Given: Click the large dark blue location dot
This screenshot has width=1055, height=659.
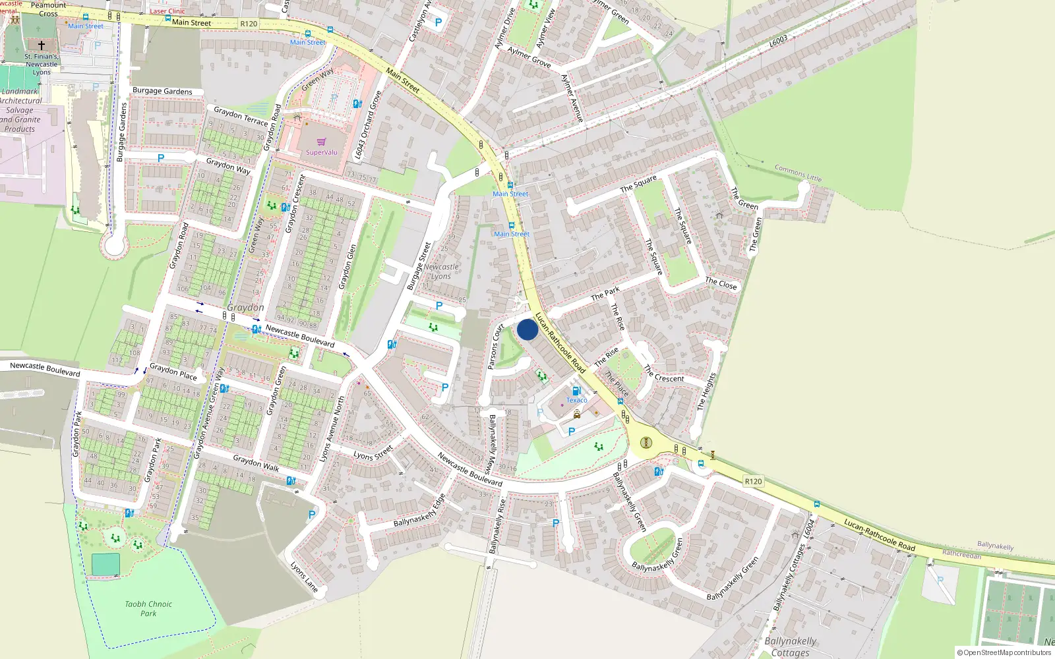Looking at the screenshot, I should [527, 329].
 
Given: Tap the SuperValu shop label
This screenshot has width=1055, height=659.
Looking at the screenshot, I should [322, 152].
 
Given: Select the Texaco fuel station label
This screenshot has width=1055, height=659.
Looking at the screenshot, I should [576, 400].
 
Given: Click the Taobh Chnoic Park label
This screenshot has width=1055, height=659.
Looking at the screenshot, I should [148, 608].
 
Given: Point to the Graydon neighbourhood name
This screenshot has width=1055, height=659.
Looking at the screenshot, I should [245, 308].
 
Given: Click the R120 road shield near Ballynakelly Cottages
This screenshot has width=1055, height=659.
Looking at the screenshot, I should [753, 481].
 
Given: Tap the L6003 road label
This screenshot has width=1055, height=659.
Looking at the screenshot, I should [778, 41].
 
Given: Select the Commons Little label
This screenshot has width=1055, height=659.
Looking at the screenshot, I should [798, 173].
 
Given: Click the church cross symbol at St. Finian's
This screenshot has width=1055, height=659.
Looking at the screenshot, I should [42, 45].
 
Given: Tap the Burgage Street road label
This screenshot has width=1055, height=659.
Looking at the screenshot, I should [419, 266].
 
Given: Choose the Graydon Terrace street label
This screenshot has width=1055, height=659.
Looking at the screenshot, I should [241, 117].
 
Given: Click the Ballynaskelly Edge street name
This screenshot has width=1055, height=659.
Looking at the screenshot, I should [419, 511].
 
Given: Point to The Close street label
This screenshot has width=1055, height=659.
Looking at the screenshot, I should [721, 284].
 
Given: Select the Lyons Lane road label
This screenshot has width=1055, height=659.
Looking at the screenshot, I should [305, 577].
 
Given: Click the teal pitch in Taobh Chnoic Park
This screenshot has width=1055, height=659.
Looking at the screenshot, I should [105, 564].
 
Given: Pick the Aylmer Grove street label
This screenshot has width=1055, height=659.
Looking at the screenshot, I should [529, 57].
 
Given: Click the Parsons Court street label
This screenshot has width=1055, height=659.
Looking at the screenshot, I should [495, 347].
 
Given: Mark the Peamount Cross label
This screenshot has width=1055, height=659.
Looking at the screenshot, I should [48, 9].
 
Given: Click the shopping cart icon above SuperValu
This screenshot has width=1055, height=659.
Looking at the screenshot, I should [322, 142].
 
